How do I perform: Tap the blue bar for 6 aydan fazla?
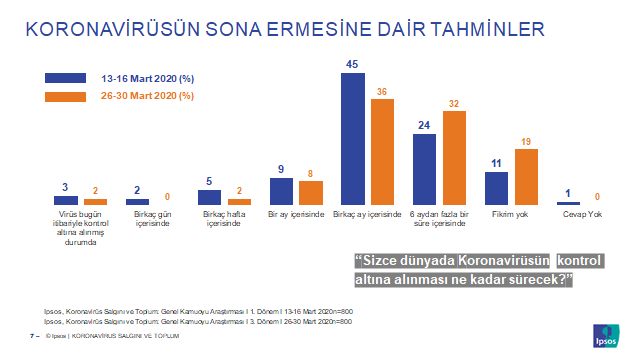[x=425, y=169]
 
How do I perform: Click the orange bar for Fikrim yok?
[x=526, y=177]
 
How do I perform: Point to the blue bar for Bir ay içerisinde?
[x=282, y=191]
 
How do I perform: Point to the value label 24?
[x=424, y=124]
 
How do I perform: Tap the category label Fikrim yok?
[x=511, y=214]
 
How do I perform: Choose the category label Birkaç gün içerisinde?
[x=152, y=219]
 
